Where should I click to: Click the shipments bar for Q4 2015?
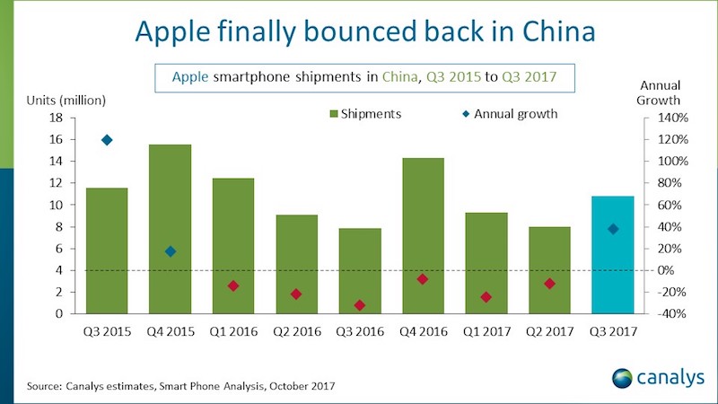[170, 229]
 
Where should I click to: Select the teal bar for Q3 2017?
[613, 255]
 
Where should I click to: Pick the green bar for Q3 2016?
[360, 270]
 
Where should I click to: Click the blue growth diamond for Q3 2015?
[108, 140]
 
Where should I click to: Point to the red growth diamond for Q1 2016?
[233, 285]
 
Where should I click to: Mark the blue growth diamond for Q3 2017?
[613, 229]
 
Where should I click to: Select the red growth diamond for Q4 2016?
[423, 279]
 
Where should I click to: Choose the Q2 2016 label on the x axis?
[296, 332]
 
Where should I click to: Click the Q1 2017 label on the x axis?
[486, 332]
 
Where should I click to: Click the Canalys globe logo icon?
[621, 377]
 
